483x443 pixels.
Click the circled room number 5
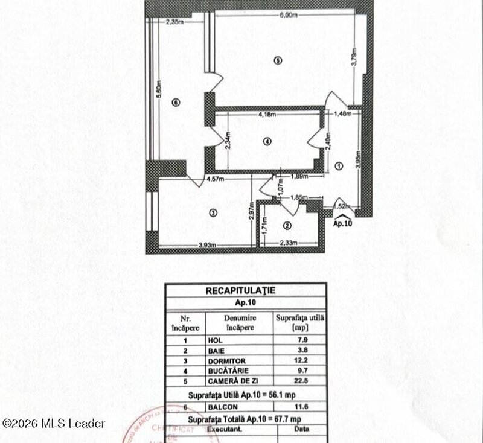pyautogui.click(x=277, y=60)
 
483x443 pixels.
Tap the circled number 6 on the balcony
pyautogui.click(x=176, y=103)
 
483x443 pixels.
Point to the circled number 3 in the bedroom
pyautogui.click(x=213, y=212)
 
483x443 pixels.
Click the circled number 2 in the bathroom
pyautogui.click(x=287, y=226)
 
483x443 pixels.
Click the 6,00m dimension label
pyautogui.click(x=288, y=16)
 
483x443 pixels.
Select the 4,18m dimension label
pyautogui.click(x=267, y=115)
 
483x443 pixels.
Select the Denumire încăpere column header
pyautogui.click(x=238, y=320)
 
